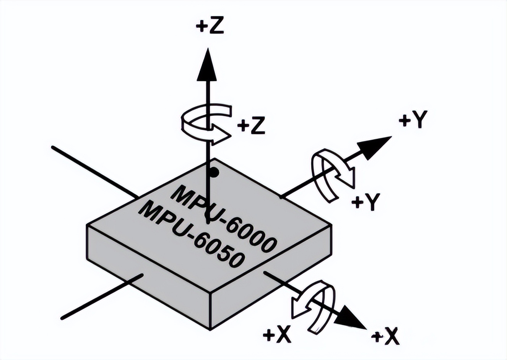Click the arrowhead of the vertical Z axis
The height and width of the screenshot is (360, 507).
(x=207, y=65)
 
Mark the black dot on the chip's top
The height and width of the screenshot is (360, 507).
(x=214, y=173)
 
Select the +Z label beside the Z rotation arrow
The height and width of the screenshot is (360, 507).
(x=251, y=126)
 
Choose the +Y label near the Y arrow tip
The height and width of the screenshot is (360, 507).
(x=413, y=120)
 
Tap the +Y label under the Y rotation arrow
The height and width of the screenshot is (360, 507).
(x=366, y=201)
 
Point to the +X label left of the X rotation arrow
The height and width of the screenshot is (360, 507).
(x=278, y=335)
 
